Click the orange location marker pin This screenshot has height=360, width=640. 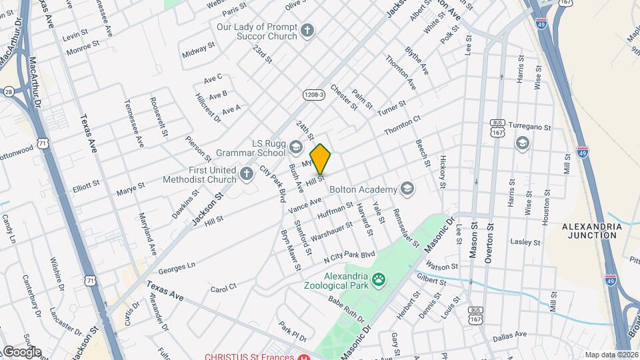320,159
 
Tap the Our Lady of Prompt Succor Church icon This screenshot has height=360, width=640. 307,30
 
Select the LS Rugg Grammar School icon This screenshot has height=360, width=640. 295,146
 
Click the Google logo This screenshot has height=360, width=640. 21,351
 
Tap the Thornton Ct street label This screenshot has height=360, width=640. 403,127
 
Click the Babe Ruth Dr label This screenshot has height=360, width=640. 346,310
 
